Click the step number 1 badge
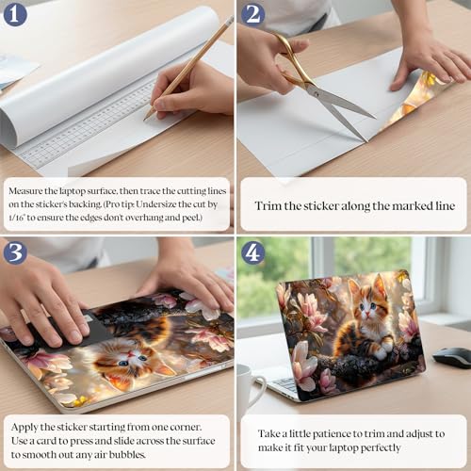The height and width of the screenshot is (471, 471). pos(15,14)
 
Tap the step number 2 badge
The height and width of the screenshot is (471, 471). pos(252,14)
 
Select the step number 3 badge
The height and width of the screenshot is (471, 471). pos(15,252)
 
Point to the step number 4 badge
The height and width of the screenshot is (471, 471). pos(252,252)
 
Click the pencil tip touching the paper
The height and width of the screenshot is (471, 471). pos(145,120)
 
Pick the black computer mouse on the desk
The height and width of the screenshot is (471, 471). pos(452,357)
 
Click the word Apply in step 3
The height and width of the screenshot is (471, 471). pos(24,428)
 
